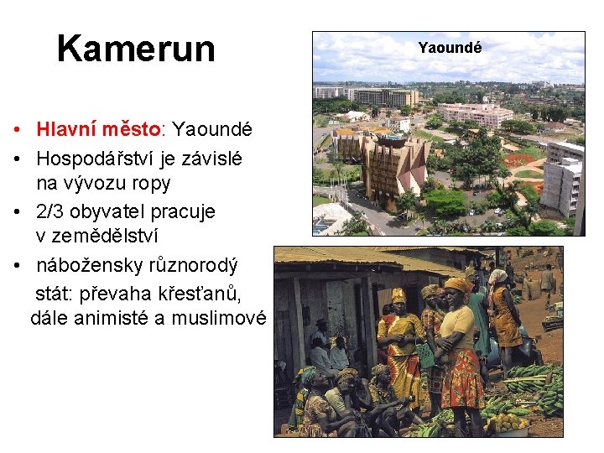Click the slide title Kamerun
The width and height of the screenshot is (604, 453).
coord(136,49)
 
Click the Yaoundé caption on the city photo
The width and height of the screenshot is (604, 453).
coord(450,48)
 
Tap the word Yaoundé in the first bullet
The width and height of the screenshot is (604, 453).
coord(211,130)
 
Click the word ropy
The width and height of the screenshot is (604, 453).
coord(152,183)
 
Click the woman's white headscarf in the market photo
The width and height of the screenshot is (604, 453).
coord(498,276)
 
